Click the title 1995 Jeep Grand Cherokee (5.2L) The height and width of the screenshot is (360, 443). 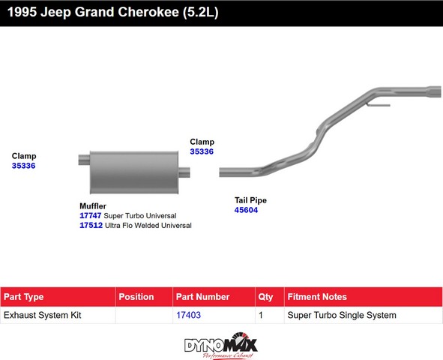(x=112, y=13)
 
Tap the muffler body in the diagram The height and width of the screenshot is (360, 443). (x=134, y=172)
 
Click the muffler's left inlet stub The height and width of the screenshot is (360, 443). (x=84, y=160)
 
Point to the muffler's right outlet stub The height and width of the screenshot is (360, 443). (x=184, y=172)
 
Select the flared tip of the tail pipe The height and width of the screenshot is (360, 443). (x=434, y=91)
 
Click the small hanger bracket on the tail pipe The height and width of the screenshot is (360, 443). (x=379, y=105)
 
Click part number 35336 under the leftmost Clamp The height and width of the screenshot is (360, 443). (x=24, y=166)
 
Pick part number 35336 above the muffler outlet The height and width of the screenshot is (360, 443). (x=202, y=151)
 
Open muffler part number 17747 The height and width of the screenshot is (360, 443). (x=91, y=215)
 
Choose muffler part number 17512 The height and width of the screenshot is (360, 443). (x=91, y=225)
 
